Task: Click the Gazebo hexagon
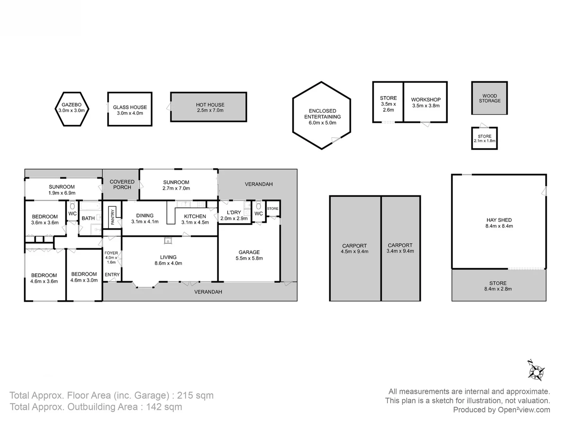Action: point(72,109)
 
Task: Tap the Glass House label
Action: point(130,107)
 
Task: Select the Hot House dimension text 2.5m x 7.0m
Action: point(210,111)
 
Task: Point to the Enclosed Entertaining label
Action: point(323,114)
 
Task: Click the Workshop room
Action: point(425,102)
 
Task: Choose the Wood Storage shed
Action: point(489,98)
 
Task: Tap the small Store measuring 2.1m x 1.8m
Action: point(484,138)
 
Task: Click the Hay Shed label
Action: point(499,220)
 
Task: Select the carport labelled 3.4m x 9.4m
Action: point(401,248)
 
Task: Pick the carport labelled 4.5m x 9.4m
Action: point(355,248)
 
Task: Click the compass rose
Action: point(536,371)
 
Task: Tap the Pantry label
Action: point(112,217)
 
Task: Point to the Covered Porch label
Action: point(122,184)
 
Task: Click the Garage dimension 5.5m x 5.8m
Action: point(249,258)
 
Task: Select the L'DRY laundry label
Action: point(234,213)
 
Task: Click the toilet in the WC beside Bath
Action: point(72,205)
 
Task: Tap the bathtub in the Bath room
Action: point(91,206)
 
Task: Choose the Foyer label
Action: point(111,253)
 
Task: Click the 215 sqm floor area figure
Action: point(195,395)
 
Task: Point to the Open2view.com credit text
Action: point(524,410)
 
